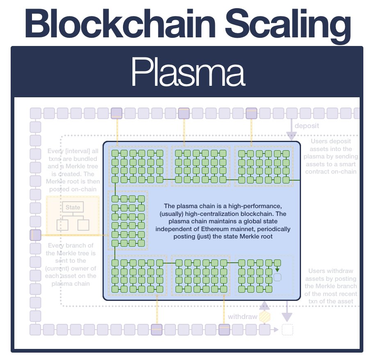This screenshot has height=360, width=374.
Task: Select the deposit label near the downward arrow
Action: click(x=306, y=126)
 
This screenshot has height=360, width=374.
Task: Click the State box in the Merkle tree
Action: click(x=73, y=207)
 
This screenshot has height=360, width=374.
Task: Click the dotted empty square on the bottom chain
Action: click(x=287, y=330)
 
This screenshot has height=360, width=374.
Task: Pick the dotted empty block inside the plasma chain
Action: click(x=278, y=277)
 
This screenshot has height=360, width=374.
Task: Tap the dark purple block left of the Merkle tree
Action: click(x=36, y=235)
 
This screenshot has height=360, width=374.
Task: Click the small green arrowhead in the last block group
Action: click(x=278, y=269)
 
